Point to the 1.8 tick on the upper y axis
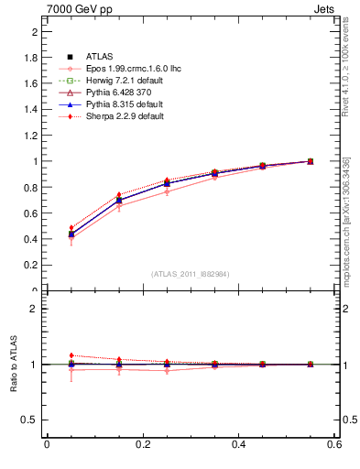point(33,57)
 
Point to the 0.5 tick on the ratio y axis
point(33,420)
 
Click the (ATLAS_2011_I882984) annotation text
point(190,274)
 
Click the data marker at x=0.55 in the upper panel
point(310,161)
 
